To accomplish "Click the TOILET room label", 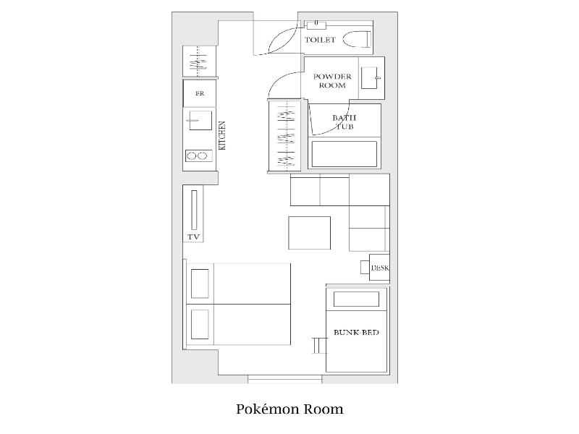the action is [320, 40].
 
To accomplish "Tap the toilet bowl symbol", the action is [357, 40].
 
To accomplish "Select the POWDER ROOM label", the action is [332, 81].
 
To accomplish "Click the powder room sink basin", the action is [370, 78].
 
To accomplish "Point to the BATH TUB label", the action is [345, 122].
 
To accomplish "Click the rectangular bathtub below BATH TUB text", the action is [345, 154].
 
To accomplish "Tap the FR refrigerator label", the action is [200, 93].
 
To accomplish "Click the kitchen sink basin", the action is [200, 120].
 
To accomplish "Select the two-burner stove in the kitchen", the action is [198, 156].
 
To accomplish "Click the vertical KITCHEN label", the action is [222, 135].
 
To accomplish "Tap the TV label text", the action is [193, 237].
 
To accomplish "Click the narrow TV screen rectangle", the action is [194, 210].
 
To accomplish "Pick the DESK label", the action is [380, 268].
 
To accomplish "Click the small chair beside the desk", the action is [365, 267].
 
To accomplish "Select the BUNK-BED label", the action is [356, 333].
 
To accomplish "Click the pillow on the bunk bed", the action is [356, 299].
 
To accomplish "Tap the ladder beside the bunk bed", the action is [320, 345].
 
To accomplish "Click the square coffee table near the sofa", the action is [310, 233].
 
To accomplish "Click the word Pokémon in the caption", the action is [267, 409].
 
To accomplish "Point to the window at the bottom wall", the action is [284, 379].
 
